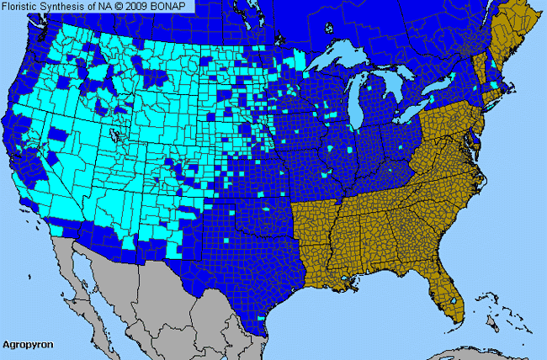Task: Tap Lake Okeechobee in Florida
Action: [x=454, y=299]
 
